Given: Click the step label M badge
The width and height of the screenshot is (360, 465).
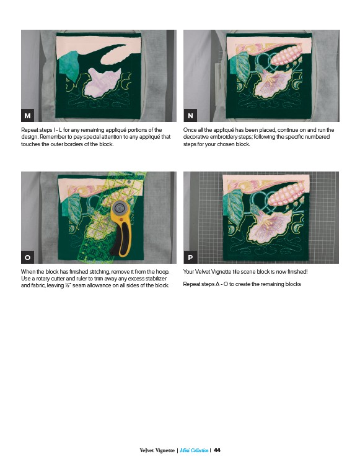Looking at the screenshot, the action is [x=27, y=115].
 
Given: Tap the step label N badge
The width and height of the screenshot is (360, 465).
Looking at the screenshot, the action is [x=190, y=115].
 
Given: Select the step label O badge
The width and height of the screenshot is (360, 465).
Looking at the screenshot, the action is [x=27, y=257].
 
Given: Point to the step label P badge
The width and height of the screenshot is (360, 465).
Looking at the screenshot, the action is [x=190, y=257].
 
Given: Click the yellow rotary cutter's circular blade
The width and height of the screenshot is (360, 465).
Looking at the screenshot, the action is [x=120, y=207].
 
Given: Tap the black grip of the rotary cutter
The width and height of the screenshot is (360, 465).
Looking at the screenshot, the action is [x=121, y=237].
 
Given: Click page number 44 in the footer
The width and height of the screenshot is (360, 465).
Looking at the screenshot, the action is [x=217, y=450].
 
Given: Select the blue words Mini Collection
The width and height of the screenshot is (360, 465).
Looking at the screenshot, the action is [x=194, y=450].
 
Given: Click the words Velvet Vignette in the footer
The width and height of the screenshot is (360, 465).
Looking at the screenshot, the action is [x=157, y=450].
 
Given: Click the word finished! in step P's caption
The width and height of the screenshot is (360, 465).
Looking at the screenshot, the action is [x=297, y=272].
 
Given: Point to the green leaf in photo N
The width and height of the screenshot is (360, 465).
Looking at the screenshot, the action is [x=242, y=67].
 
